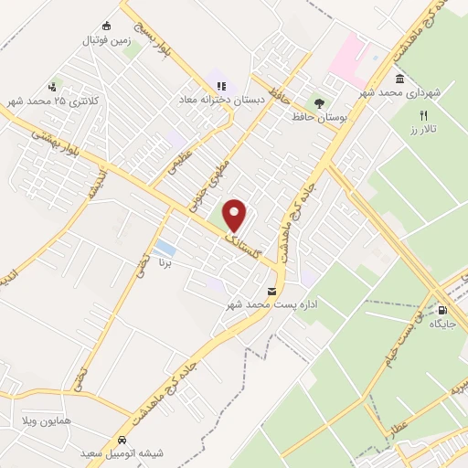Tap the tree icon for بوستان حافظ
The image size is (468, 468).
pos(320,104)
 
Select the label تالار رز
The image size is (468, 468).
pos(423,131)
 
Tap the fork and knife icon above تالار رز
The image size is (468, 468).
pos(423,116)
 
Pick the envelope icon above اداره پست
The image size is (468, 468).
pos(270,292)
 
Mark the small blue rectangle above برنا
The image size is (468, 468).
pos(165,248)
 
